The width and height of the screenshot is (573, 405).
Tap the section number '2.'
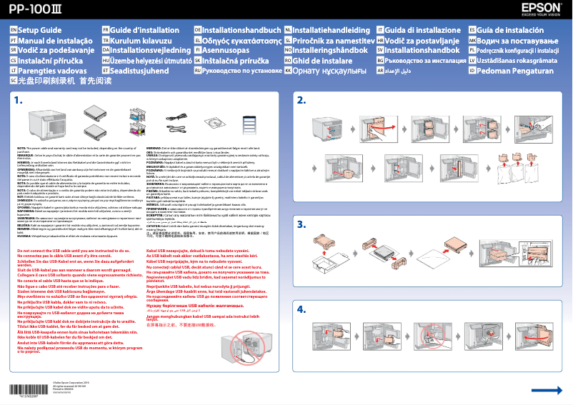[302, 100]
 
